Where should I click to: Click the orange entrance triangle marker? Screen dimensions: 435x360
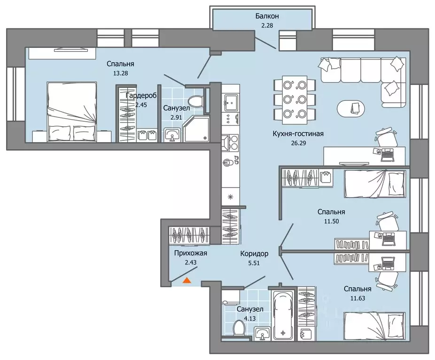tap(187, 281)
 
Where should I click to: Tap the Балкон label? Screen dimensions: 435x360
tap(267, 16)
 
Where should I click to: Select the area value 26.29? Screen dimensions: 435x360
tap(298, 143)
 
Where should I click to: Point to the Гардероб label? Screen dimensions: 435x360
tap(141, 96)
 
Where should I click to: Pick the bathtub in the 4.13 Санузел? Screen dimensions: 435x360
tap(283, 315)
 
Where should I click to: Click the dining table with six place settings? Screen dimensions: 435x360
tap(295, 100)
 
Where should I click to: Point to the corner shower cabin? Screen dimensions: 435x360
tap(195, 129)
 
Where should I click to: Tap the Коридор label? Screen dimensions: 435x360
tap(254, 253)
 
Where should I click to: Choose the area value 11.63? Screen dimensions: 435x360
tap(357, 298)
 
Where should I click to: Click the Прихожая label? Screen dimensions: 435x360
tap(191, 253)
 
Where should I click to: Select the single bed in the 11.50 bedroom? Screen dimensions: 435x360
tap(375, 184)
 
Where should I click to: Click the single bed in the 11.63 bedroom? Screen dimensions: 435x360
tap(374, 326)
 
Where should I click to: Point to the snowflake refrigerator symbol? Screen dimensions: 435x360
tap(230, 197)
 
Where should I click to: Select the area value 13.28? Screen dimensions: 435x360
tap(121, 73)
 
